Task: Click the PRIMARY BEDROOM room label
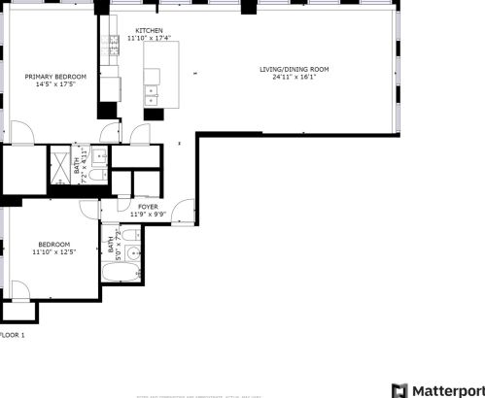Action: tap(55, 77)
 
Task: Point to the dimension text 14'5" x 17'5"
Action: tap(55, 84)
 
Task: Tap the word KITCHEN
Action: tap(149, 30)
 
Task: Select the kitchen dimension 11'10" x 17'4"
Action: tap(149, 38)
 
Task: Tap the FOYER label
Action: tap(148, 207)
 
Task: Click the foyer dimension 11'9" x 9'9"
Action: tap(148, 215)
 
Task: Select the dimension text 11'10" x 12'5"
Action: tap(53, 251)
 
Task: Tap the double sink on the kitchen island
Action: tap(152, 93)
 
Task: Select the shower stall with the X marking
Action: tap(59, 166)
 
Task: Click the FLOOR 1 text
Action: tap(12, 335)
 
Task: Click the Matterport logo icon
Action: tap(398, 389)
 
